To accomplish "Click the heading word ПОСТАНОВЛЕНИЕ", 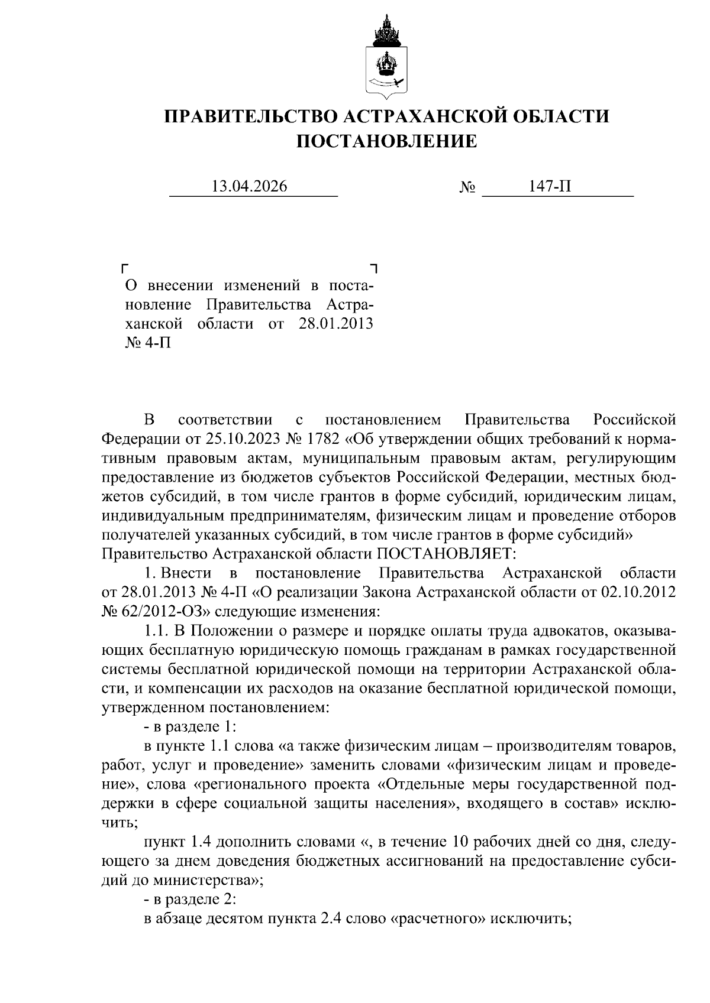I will click(x=386, y=141).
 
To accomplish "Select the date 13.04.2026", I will click(x=250, y=187).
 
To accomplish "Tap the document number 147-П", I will click(x=550, y=187).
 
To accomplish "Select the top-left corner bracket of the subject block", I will click(x=125, y=268).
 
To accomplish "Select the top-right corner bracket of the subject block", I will click(x=373, y=268).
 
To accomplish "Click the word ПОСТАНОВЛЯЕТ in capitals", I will click(x=443, y=554).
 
